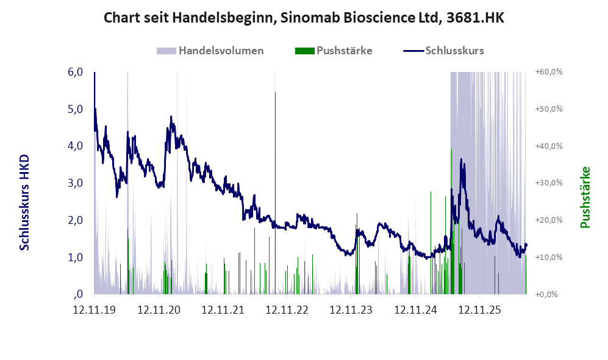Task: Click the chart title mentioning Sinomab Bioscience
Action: [x=304, y=18]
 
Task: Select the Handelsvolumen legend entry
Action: [x=210, y=51]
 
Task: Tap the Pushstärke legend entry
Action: [x=334, y=51]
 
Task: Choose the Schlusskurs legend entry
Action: [x=443, y=51]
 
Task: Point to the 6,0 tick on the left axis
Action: [x=75, y=72]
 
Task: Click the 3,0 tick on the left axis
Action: [x=75, y=182]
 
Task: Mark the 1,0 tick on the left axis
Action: [x=75, y=257]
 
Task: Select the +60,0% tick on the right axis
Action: [x=549, y=72]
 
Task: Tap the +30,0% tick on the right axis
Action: [x=549, y=182]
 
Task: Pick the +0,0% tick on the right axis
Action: [x=546, y=295]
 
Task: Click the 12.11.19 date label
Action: [x=95, y=310]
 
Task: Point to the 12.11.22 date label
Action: [x=287, y=310]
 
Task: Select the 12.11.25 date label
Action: [x=480, y=310]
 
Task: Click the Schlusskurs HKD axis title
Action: [x=24, y=203]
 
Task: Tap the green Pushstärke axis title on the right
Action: [x=585, y=198]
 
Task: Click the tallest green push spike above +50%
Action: [x=275, y=193]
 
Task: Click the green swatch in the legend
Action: [x=304, y=51]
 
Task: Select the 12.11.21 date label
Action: [x=223, y=310]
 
